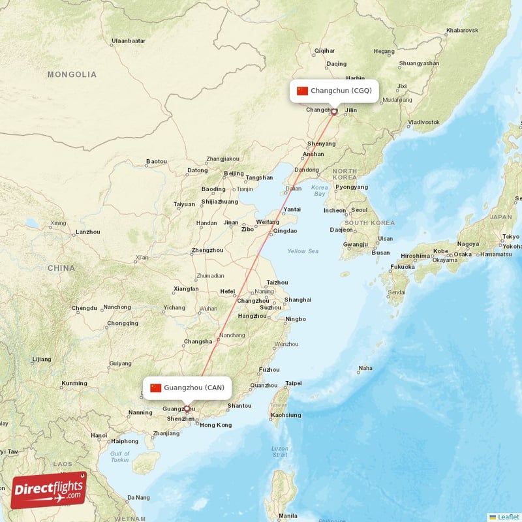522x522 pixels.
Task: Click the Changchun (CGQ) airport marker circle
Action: (334, 112)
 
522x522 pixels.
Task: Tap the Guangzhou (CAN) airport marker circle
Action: (187, 409)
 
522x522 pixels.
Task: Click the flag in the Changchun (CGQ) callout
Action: (302, 91)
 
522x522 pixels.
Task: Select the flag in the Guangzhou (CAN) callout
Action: (155, 388)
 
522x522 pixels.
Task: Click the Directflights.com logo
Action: (49, 490)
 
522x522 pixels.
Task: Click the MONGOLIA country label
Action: (72, 74)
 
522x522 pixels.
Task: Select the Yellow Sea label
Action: (303, 251)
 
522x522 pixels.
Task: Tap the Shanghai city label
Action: (298, 299)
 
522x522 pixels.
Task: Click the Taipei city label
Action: (294, 383)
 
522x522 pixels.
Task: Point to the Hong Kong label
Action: (215, 425)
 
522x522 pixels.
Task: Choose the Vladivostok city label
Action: (423, 122)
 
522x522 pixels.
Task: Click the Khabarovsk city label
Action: (462, 31)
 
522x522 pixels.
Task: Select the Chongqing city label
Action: (123, 323)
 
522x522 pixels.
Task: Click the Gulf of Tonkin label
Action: (119, 457)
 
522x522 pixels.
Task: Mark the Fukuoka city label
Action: (402, 266)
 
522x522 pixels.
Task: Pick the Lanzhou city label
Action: (87, 232)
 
